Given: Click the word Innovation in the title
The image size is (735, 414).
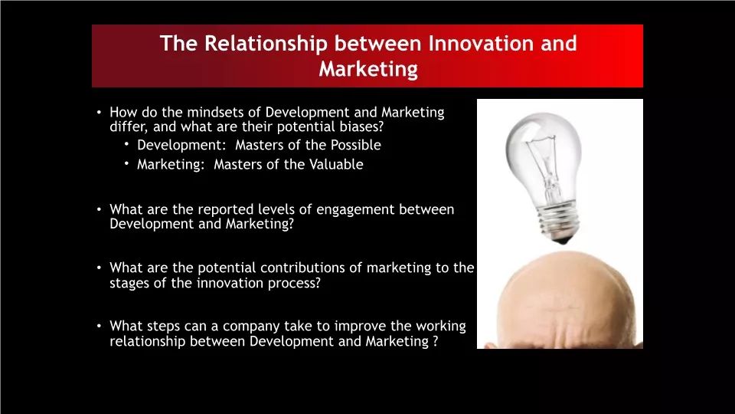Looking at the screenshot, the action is tap(481, 43).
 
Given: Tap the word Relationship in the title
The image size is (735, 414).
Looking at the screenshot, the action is tap(266, 44).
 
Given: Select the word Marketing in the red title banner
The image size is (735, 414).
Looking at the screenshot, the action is tap(368, 70).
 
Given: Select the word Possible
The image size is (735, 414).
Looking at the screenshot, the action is tap(356, 145).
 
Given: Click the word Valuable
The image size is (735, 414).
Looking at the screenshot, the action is tap(336, 164).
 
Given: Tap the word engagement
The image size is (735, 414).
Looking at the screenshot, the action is tap(355, 210).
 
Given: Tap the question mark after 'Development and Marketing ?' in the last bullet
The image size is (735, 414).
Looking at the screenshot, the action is tap(436, 341).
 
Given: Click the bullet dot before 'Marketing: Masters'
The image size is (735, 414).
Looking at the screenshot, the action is tap(126, 163).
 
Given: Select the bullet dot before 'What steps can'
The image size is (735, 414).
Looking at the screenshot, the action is tap(99, 325).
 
